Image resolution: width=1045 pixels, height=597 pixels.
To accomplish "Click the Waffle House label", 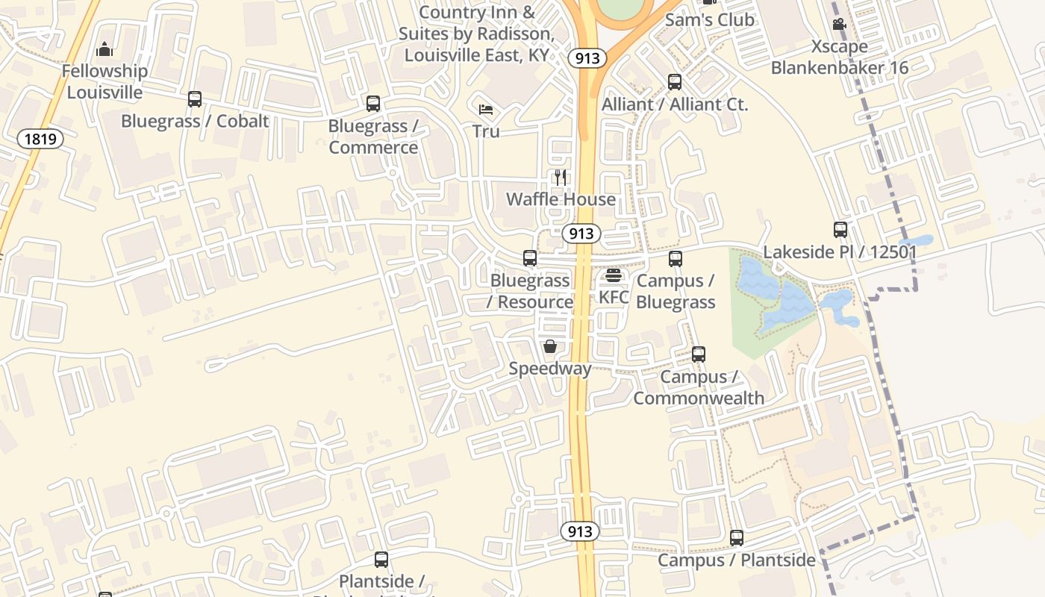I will (x=561, y=199).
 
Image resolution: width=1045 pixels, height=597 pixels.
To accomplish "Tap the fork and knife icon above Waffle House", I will (x=561, y=178).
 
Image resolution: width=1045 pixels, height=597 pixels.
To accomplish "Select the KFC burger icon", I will (x=614, y=275).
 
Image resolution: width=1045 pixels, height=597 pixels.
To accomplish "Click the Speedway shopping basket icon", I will (x=550, y=346).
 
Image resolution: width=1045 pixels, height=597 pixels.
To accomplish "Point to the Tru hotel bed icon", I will (x=486, y=110).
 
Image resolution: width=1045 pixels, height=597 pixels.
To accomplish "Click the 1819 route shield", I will (x=40, y=138).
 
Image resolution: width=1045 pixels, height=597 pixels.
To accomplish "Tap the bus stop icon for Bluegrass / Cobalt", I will (x=195, y=99).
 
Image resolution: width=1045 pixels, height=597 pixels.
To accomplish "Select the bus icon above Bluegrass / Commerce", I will (x=373, y=104).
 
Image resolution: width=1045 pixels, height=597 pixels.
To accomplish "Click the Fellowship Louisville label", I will (x=104, y=81).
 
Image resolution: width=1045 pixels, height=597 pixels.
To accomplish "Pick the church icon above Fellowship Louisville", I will (x=104, y=50).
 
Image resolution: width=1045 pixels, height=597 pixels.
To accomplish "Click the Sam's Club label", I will (x=709, y=20).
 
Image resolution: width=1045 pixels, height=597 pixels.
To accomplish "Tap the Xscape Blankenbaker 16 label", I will (x=840, y=57).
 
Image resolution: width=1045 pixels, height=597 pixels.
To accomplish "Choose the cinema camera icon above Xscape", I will (x=840, y=24).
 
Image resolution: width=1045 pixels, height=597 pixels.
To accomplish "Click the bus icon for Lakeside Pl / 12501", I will (x=840, y=230).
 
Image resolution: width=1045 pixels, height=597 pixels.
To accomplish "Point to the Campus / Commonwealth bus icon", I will (x=699, y=354).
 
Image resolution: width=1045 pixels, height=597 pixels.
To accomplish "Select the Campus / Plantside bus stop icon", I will (x=737, y=538).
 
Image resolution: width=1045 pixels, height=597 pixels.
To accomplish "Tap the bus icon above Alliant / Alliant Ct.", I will (x=675, y=82).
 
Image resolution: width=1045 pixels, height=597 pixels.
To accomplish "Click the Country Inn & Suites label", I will (x=477, y=34).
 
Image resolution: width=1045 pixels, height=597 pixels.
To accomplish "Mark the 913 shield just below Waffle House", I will (x=581, y=234).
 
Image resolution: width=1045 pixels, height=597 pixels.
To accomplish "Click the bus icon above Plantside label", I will (x=381, y=559).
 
